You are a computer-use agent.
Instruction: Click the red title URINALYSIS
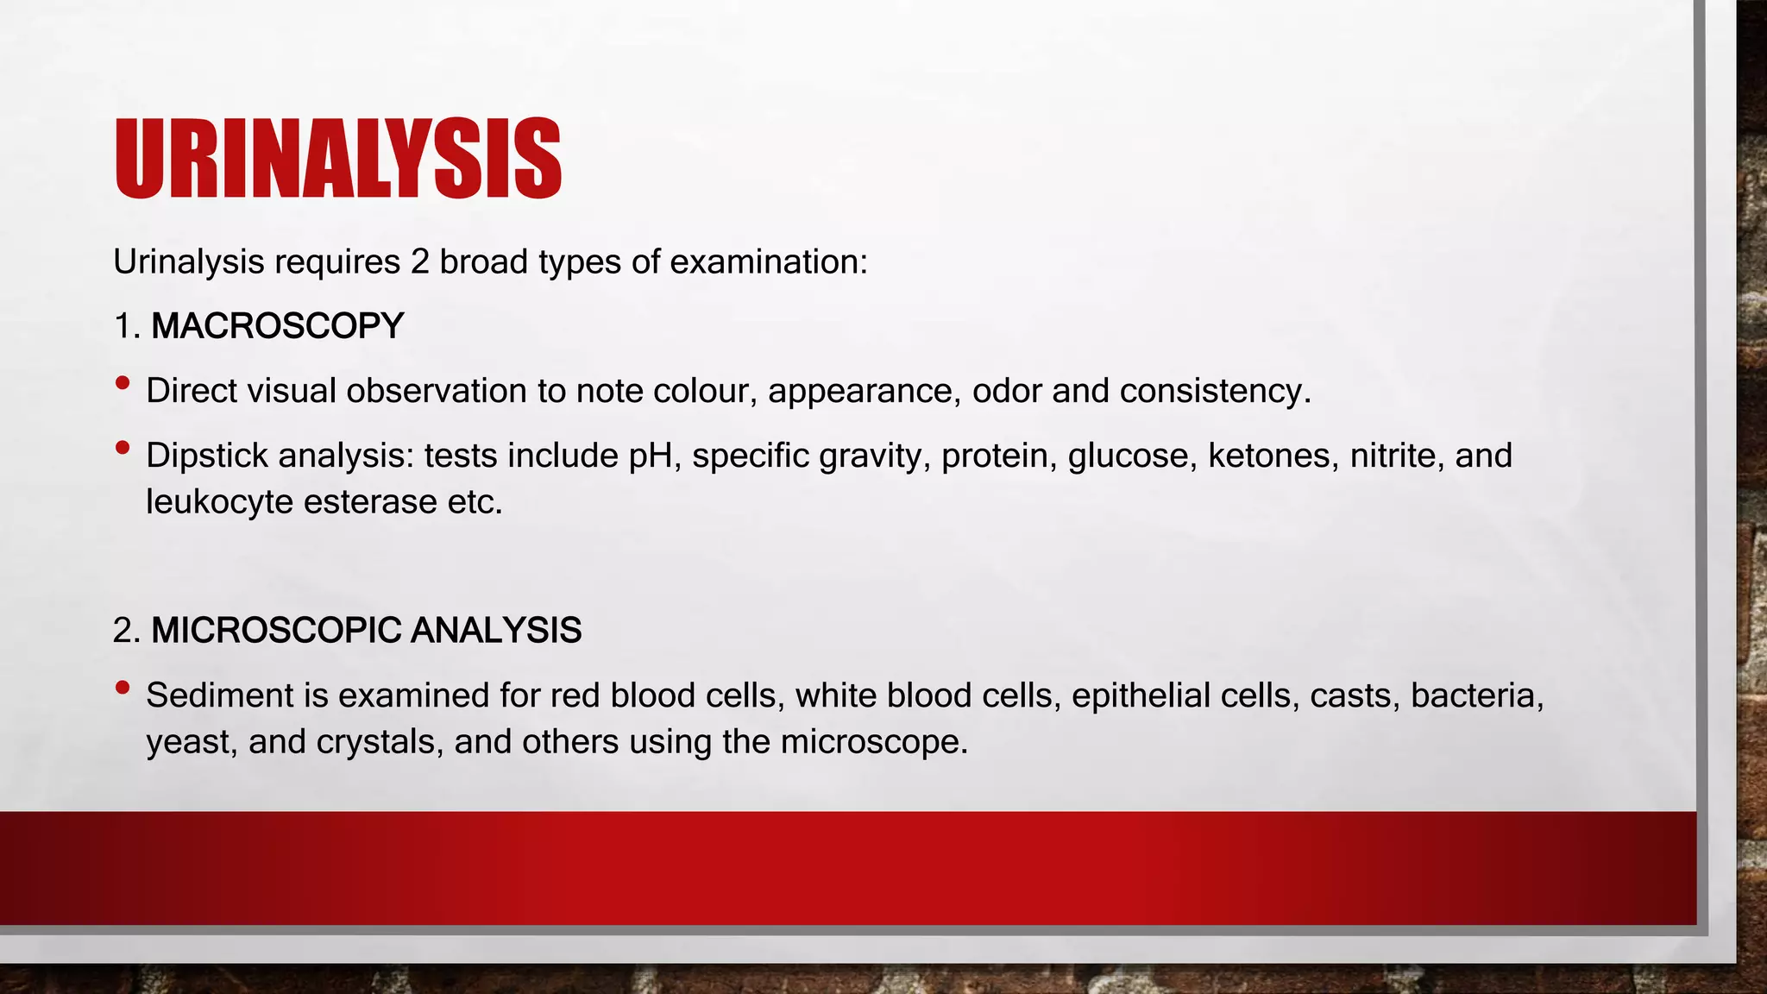(x=337, y=159)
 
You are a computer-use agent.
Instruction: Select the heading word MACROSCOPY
(x=277, y=326)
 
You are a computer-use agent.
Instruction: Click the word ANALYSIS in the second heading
(x=495, y=631)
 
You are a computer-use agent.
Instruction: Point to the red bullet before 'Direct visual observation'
(x=123, y=382)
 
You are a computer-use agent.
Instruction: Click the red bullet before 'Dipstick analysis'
(x=123, y=447)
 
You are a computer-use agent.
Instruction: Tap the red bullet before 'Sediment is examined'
(x=123, y=687)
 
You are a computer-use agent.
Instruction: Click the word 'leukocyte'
(x=219, y=502)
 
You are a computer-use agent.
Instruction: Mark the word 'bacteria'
(x=1476, y=695)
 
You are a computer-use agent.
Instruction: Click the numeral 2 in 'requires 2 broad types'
(x=419, y=262)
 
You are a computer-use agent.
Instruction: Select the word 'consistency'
(x=1215, y=392)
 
